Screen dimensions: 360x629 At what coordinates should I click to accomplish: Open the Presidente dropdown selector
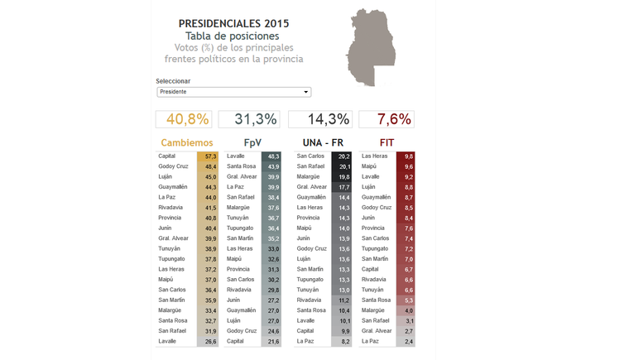point(233,92)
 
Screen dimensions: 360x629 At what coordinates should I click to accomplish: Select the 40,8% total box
point(183,119)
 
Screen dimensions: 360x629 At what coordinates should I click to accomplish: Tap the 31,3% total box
point(249,119)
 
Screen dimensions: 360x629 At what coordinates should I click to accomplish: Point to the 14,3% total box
point(319,119)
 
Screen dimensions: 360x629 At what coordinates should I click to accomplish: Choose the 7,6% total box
point(386,119)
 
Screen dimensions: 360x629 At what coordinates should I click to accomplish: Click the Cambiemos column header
point(187,143)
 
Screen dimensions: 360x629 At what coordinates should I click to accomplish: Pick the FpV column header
point(252,143)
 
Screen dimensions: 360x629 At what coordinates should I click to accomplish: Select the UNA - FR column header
point(322,143)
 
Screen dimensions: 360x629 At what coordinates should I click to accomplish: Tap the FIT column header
point(387,143)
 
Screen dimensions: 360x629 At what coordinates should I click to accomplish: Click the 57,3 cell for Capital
point(209,156)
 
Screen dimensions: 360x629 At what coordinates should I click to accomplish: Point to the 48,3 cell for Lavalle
point(273,156)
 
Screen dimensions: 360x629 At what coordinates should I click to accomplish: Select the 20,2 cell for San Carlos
point(344,156)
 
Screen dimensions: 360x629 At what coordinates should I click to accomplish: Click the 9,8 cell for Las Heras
point(408,156)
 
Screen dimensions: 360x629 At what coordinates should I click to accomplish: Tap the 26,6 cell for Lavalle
point(209,341)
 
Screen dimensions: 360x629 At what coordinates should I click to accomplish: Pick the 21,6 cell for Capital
point(273,341)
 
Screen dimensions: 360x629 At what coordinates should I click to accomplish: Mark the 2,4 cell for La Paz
point(408,341)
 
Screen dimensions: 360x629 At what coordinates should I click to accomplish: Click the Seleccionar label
point(173,81)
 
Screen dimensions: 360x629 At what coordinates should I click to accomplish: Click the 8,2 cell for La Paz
point(344,341)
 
